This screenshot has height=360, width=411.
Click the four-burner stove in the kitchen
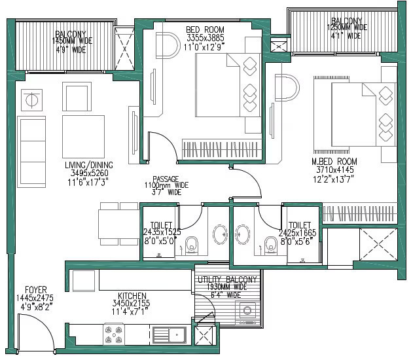(113, 335)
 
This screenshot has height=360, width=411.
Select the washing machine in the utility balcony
(246, 313)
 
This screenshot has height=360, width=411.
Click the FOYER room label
(35, 289)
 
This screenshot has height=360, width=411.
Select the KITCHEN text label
(133, 296)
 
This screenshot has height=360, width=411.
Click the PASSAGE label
(166, 178)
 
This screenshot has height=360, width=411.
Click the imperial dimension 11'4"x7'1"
(133, 312)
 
